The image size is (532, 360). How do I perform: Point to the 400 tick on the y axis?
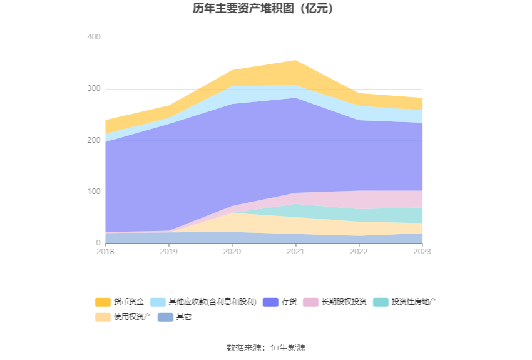tap(93, 38)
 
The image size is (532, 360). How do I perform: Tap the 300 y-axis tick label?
tap(93, 89)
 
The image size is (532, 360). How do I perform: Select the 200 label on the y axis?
tap(93, 140)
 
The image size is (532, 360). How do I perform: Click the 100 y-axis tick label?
tap(93, 192)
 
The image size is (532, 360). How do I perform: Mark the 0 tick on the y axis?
tap(98, 243)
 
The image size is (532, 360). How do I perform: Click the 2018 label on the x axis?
tap(106, 251)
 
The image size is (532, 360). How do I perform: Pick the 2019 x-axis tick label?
tap(169, 251)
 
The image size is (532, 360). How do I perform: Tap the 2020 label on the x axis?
tap(232, 251)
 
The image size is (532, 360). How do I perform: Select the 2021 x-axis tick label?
tap(295, 251)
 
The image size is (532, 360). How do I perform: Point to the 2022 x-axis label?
tap(359, 251)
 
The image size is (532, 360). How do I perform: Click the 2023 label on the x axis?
tap(422, 251)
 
